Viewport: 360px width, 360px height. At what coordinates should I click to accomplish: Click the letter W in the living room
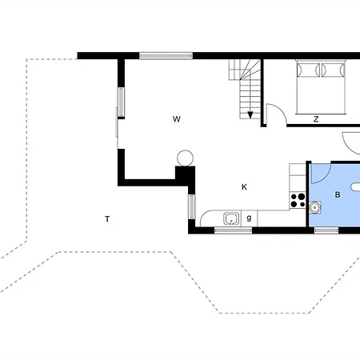tap(176, 119)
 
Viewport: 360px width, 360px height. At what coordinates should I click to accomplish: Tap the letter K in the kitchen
tap(244, 187)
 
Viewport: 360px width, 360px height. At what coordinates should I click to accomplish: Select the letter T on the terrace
tap(106, 218)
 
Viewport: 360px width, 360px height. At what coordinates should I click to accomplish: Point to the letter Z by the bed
tap(316, 119)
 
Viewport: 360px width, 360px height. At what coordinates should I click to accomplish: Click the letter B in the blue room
tap(338, 194)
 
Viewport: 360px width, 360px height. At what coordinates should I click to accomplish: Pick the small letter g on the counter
tap(250, 218)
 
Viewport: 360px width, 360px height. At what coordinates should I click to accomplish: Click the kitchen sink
tap(231, 218)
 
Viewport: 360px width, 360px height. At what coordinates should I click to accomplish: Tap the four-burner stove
tap(298, 198)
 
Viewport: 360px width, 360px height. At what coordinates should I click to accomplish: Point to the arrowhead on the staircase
tap(250, 115)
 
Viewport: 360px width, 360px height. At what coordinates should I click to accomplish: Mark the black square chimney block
tap(185, 175)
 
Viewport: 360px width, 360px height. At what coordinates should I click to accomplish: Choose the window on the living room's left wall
tap(122, 102)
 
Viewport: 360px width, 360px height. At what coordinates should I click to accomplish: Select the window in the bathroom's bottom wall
tap(326, 230)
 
